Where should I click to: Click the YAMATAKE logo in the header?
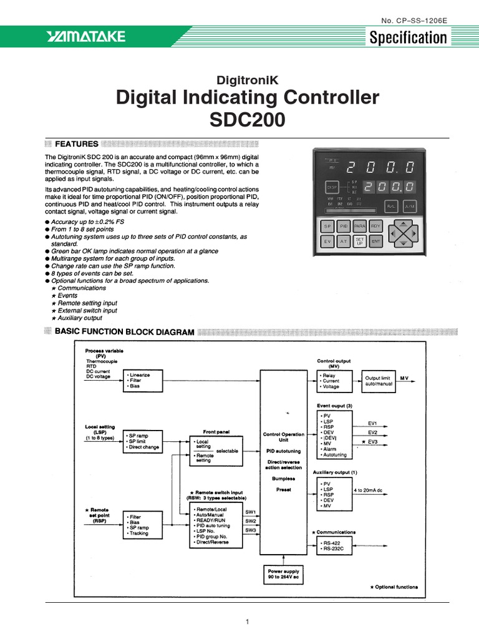click(85, 38)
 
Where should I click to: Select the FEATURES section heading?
click(77, 144)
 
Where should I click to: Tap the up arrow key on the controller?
click(405, 223)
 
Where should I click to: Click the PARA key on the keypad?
click(360, 225)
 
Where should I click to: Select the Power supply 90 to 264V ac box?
click(283, 574)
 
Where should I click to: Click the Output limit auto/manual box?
click(378, 381)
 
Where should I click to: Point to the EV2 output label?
click(372, 432)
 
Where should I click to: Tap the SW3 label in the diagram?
click(250, 530)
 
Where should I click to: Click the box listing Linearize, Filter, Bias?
click(143, 381)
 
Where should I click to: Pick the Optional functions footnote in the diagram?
click(394, 587)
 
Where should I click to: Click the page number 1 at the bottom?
click(248, 622)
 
